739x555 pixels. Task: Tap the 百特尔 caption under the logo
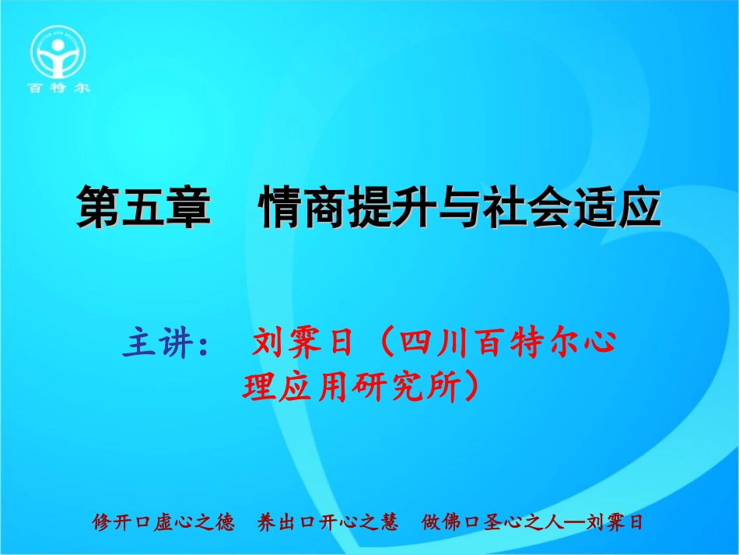coord(59,88)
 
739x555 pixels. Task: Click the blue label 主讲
coord(159,343)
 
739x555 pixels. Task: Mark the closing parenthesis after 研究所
coord(471,385)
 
